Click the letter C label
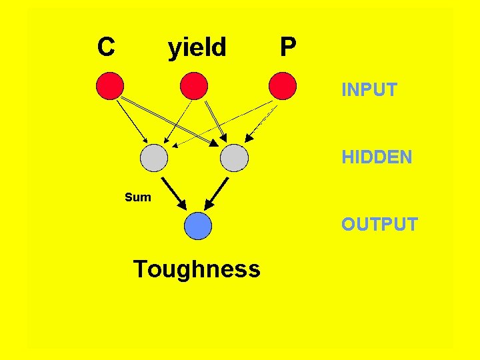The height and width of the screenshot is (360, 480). [105, 47]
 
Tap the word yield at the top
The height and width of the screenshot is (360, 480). [197, 47]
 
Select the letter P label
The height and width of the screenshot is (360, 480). [288, 47]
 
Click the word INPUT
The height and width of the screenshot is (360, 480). [369, 89]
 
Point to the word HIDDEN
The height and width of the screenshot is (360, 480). [377, 157]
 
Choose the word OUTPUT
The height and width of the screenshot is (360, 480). [379, 224]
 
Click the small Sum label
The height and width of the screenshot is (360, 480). [138, 197]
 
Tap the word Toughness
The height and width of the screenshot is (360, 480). [197, 269]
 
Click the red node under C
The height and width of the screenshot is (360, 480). [111, 86]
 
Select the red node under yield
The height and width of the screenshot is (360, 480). [194, 86]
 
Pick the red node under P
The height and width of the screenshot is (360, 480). [282, 86]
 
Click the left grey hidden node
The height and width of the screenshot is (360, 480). [155, 158]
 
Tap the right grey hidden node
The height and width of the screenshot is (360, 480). [234, 158]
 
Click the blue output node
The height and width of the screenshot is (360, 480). [198, 226]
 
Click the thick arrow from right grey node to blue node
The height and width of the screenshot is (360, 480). [217, 193]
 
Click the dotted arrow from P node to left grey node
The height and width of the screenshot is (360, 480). [223, 123]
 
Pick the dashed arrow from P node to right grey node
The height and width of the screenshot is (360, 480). [261, 121]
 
